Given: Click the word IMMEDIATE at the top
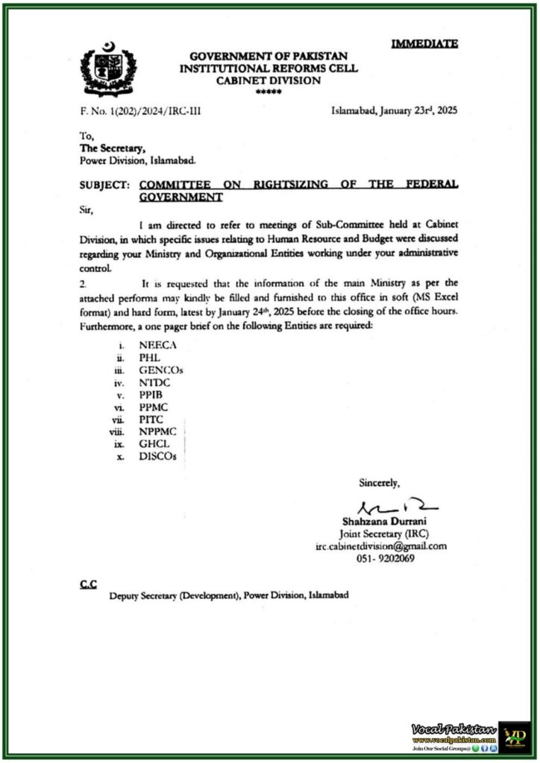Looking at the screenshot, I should tap(424, 44).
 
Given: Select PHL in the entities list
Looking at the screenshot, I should tap(150, 358).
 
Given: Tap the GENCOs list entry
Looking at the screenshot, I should tap(160, 370).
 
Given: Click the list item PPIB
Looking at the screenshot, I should tap(151, 396).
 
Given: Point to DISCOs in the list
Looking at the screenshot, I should tap(158, 457).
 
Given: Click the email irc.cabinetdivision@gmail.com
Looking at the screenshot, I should tap(380, 545).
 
